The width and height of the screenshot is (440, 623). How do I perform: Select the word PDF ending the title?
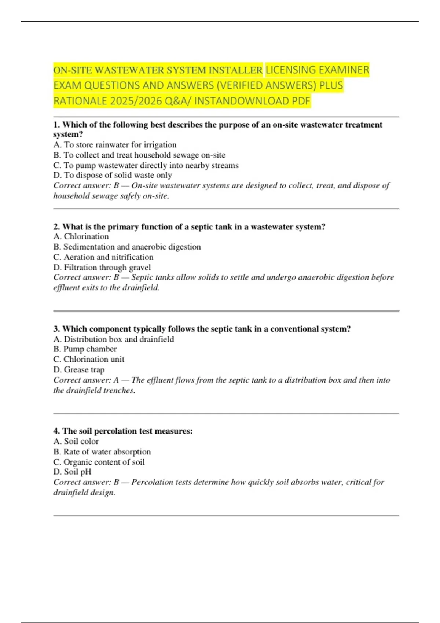coord(301,101)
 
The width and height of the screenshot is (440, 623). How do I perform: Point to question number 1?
coord(56,125)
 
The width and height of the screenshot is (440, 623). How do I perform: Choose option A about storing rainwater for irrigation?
coord(115,145)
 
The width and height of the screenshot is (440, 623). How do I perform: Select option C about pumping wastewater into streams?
coord(146,165)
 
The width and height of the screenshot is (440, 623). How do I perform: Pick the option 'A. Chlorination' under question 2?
coord(81,236)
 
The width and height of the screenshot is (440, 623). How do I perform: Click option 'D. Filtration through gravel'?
coord(102,268)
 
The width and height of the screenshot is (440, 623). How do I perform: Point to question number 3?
coord(56,329)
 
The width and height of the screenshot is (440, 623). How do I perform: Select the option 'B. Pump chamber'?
coord(85,349)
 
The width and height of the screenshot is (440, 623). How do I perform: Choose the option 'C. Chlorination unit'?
coord(89,359)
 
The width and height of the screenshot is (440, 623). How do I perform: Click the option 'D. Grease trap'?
coord(79,369)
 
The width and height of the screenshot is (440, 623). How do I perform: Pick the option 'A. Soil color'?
coord(76,441)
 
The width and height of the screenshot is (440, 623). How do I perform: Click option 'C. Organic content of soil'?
coord(99,462)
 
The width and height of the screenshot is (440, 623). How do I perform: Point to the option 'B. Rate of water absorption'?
coord(102,451)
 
